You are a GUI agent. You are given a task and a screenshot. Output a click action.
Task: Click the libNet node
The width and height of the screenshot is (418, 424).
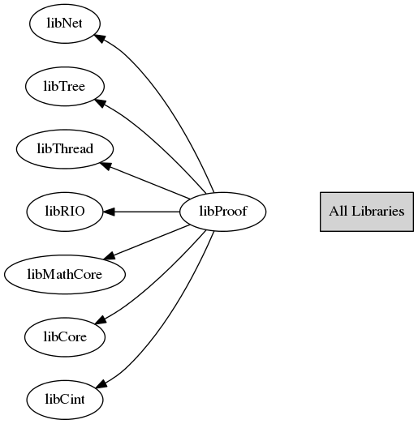(65, 24)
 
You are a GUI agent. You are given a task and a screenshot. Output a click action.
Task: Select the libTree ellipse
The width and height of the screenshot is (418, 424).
(65, 86)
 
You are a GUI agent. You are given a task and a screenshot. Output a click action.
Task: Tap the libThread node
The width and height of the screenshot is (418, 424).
(65, 149)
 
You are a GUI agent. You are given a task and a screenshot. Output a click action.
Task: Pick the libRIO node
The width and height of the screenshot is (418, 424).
(65, 212)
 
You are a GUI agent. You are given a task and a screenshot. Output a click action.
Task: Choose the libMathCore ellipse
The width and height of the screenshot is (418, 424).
(65, 275)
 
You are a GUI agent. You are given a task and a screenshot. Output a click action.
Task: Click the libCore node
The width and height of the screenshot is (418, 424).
(65, 337)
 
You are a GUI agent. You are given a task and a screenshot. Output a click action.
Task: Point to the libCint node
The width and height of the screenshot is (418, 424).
(65, 400)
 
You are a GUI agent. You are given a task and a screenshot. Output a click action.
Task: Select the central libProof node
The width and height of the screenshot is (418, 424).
(223, 212)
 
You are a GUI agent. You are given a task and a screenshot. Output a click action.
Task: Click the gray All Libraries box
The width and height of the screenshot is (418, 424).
(367, 212)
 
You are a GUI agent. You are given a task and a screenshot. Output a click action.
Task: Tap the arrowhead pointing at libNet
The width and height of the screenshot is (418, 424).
(99, 38)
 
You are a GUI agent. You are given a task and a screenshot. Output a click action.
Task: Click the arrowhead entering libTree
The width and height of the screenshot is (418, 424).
(99, 102)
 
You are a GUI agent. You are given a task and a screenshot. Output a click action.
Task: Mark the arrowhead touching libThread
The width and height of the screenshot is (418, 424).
(106, 166)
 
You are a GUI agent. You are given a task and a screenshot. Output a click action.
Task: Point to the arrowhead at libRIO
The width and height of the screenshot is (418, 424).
(109, 212)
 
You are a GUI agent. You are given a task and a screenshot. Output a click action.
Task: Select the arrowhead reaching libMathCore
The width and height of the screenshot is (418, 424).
(110, 256)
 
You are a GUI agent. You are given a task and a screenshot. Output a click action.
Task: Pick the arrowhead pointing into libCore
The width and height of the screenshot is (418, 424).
(100, 320)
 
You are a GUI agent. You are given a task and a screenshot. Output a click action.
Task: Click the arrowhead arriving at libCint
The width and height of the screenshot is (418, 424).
(101, 383)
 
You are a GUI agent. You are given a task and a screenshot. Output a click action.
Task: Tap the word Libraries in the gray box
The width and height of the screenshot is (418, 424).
(378, 211)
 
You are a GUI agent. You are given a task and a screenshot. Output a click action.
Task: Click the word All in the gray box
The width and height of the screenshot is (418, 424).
(338, 211)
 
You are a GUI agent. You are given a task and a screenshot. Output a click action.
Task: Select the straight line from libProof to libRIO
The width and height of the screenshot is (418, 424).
(147, 212)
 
